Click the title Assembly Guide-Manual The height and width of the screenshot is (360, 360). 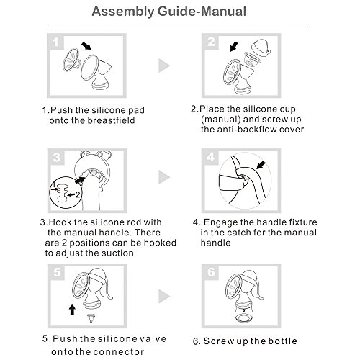click(168, 12)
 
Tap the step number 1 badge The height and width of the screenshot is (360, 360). click(55, 42)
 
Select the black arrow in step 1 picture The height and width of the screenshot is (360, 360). click(86, 45)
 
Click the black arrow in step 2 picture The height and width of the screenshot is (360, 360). click(234, 47)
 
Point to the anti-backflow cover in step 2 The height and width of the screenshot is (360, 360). click(261, 48)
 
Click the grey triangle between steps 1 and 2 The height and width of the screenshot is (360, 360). click(164, 66)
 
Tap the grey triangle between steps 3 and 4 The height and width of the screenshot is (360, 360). click(164, 177)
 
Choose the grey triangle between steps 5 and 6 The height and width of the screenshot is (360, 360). click(164, 296)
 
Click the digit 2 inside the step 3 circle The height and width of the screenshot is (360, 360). click(77, 194)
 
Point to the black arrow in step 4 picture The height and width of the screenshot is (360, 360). click(261, 165)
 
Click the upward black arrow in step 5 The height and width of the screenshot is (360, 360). click(72, 309)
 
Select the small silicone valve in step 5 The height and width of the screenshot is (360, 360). click(91, 318)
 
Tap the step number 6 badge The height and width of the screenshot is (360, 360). click(211, 272)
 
